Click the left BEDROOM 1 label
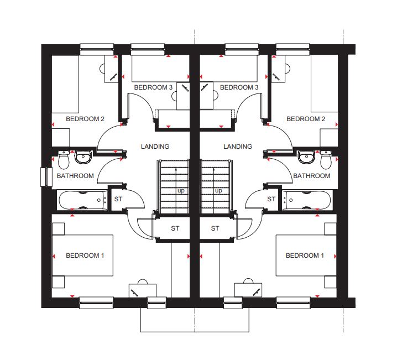click(x=85, y=255)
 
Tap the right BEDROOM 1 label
click(x=305, y=255)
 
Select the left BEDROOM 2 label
click(x=85, y=119)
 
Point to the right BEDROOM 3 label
click(x=239, y=87)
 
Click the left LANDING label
click(x=155, y=147)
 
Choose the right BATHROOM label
click(x=312, y=176)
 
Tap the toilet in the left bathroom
click(x=64, y=159)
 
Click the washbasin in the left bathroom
click(x=82, y=157)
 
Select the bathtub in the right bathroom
click(x=307, y=200)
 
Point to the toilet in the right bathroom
click(x=326, y=159)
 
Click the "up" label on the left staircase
click(x=181, y=191)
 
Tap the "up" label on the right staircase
click(x=218, y=191)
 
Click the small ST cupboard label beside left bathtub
click(x=118, y=199)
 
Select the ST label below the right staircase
click(x=215, y=228)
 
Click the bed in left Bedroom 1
click(x=82, y=255)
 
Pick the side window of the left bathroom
click(x=46, y=177)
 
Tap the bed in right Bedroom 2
click(x=325, y=84)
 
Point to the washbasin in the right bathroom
click(x=306, y=157)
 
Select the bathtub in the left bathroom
click(x=83, y=200)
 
